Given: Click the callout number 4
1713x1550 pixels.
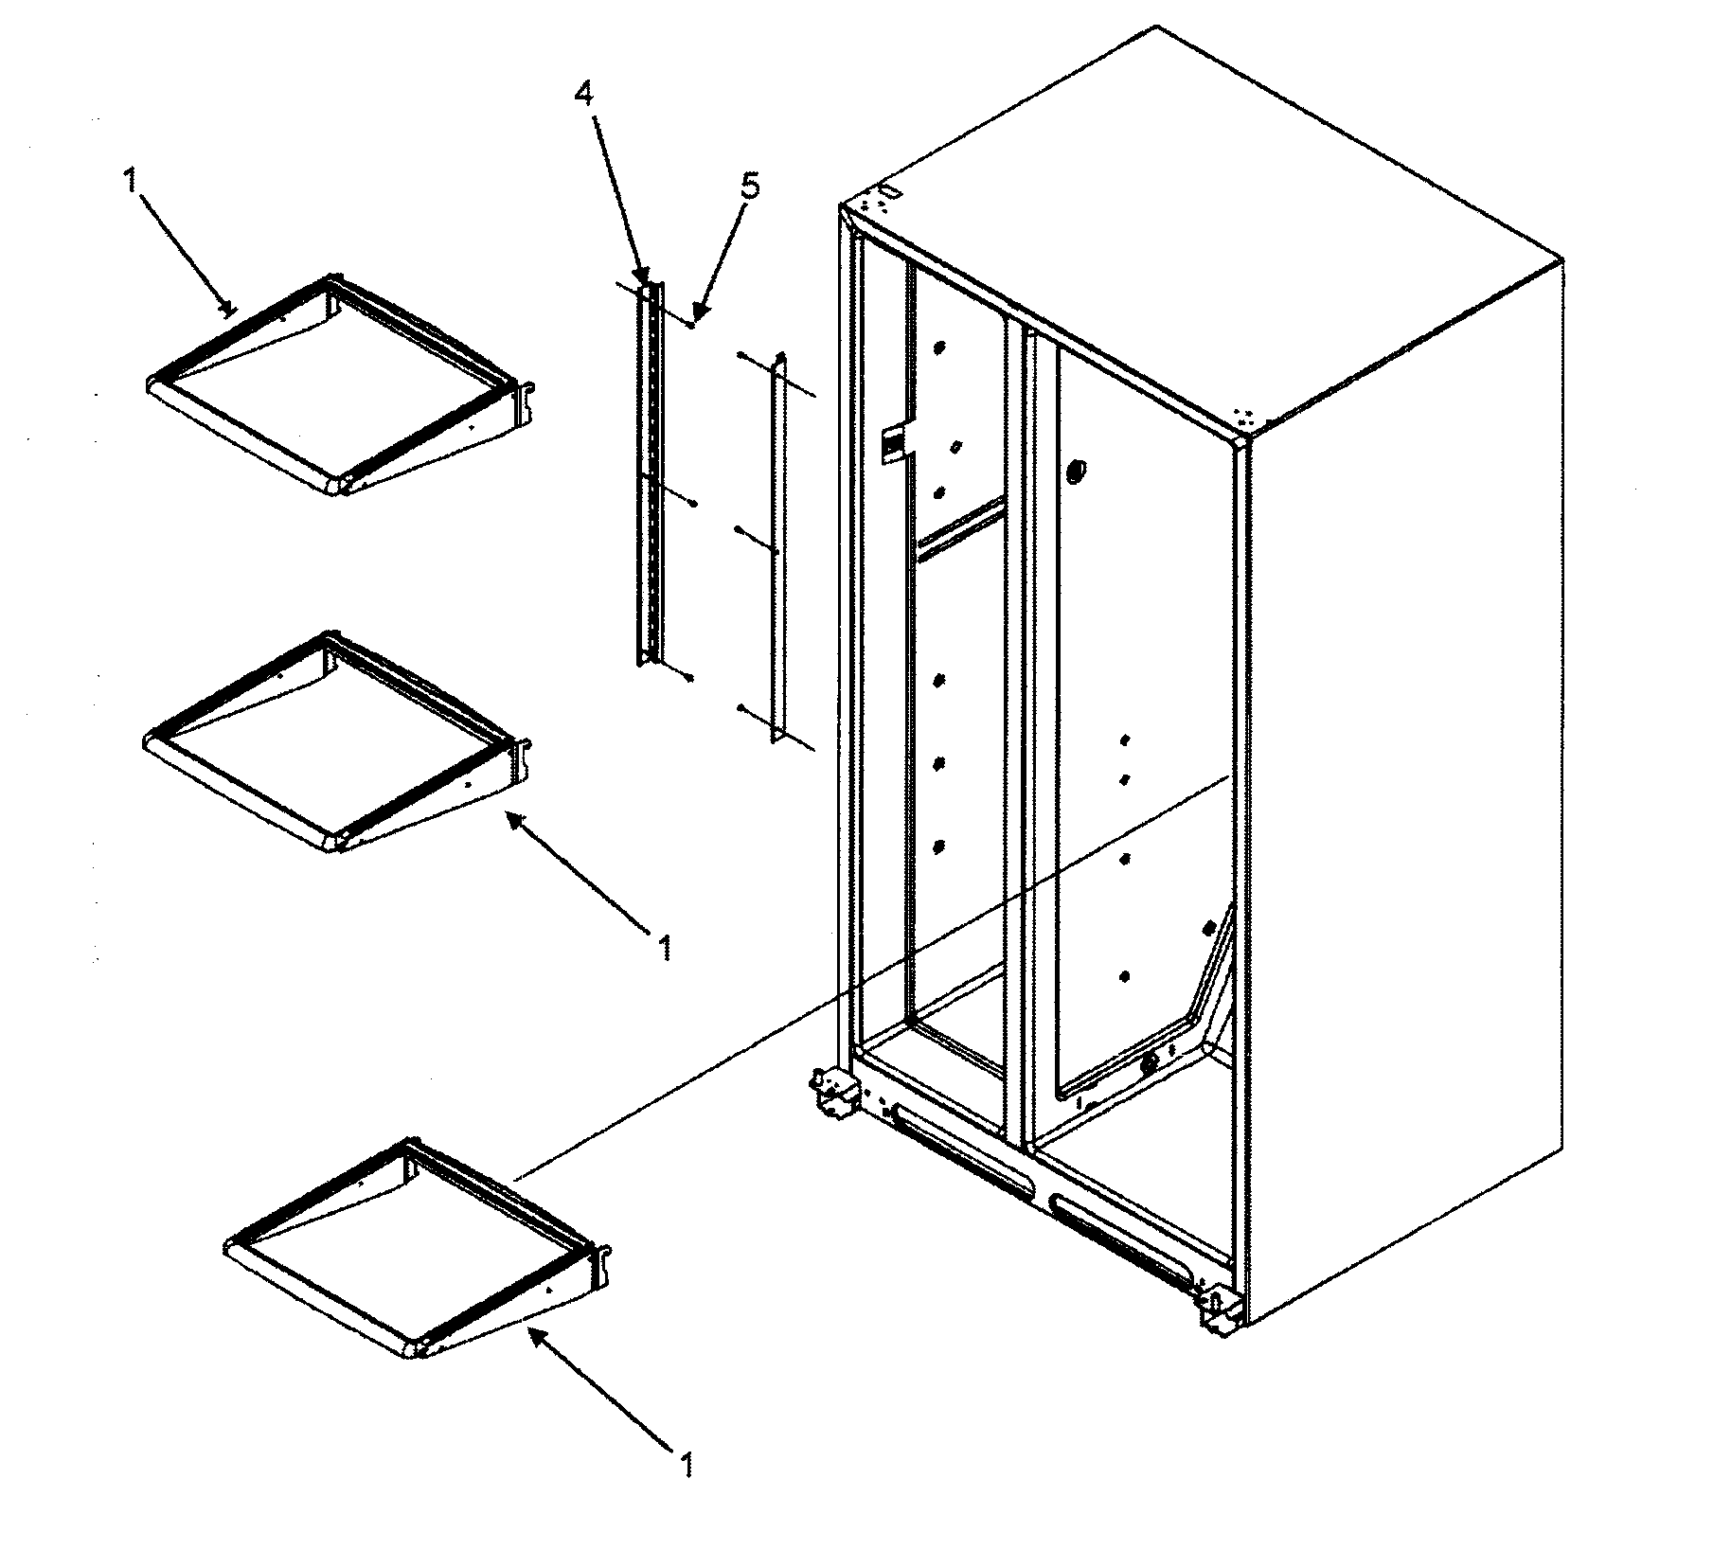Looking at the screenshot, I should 585,94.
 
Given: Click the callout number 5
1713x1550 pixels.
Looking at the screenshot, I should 749,187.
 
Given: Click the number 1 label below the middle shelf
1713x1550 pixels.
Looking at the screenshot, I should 666,946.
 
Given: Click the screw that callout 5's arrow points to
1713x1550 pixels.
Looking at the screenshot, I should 694,324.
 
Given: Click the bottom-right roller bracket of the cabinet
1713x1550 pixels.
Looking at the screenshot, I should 1218,1311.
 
